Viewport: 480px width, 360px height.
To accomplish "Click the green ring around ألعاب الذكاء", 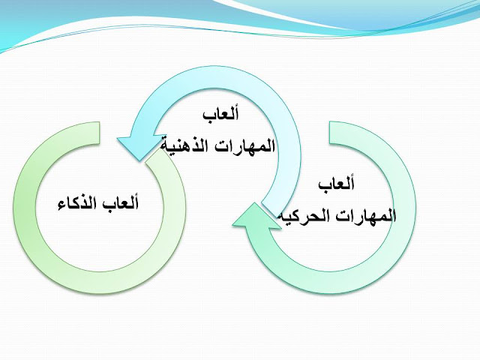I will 30,225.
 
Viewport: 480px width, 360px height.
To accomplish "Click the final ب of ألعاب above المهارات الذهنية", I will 205,115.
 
